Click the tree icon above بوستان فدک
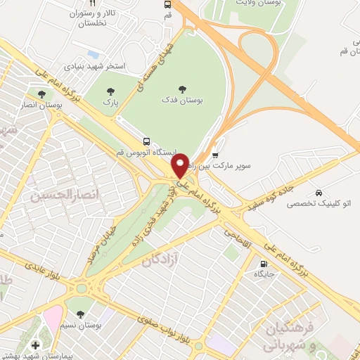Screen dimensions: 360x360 [x=183, y=89]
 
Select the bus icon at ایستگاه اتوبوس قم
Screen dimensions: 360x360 [x=146, y=141]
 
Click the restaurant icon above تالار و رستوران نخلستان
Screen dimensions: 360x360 [x=92, y=3]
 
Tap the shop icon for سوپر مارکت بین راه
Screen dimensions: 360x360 [x=215, y=155]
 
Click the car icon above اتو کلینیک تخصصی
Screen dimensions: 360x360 [x=320, y=193]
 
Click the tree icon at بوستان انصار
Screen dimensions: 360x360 [x=42, y=94]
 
